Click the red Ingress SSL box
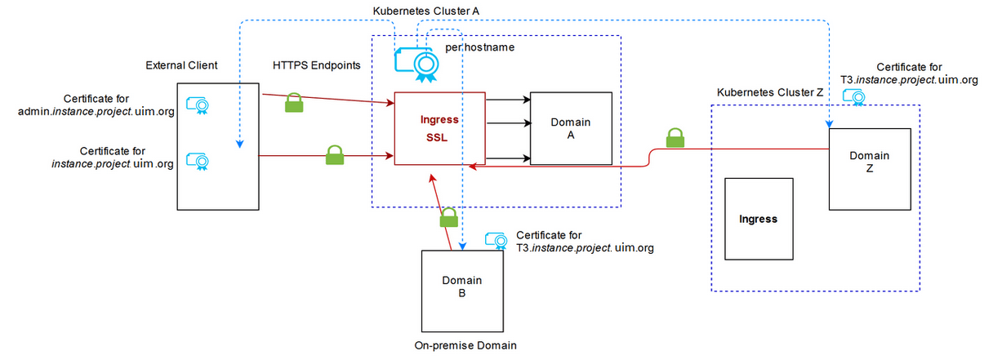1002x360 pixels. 440,129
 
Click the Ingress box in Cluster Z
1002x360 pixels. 758,219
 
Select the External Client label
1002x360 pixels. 181,65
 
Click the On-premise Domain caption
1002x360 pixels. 465,345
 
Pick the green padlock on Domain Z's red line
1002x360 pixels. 675,138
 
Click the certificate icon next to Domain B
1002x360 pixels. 497,240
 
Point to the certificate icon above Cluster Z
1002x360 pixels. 859,96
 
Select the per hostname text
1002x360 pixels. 480,48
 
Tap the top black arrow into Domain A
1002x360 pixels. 508,100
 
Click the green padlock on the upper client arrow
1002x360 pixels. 295,104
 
